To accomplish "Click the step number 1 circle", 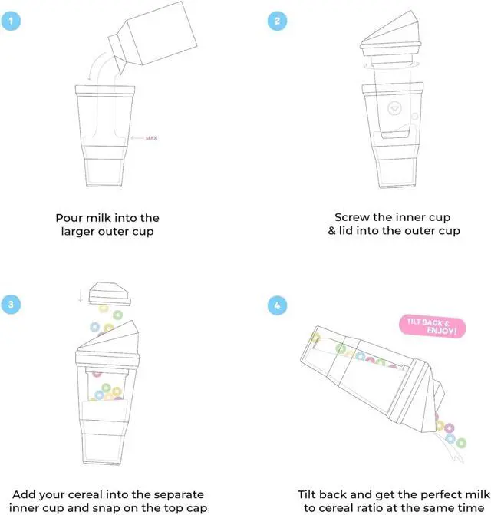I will [x=11, y=21].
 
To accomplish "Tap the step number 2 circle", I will [x=277, y=21].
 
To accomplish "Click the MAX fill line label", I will [x=151, y=138].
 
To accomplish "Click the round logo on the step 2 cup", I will [x=395, y=108].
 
